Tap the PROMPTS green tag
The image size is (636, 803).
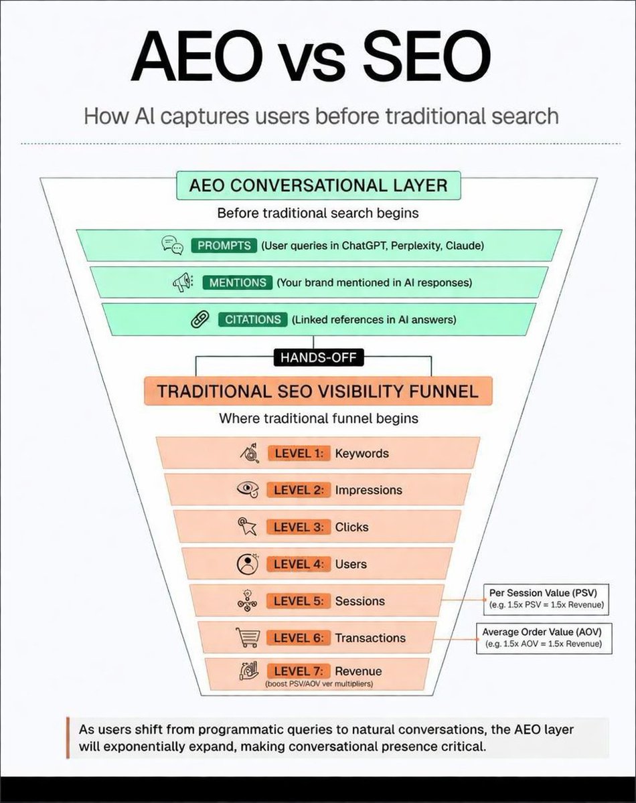point(224,246)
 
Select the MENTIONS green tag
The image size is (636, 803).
point(237,282)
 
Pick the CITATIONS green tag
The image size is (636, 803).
point(252,319)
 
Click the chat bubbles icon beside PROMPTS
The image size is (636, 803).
point(172,246)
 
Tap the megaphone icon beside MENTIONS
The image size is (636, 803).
point(183,282)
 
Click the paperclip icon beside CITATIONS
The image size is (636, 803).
point(197,320)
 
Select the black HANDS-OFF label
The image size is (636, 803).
point(318,358)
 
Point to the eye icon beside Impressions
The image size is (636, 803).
point(248,490)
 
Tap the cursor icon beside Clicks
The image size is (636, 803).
point(248,527)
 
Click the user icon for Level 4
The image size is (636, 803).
point(248,564)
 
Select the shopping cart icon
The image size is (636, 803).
point(247,638)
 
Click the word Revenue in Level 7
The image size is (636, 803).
point(358,671)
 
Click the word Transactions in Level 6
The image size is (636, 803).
point(370,638)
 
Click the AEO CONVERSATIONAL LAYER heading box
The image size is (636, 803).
point(318,185)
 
